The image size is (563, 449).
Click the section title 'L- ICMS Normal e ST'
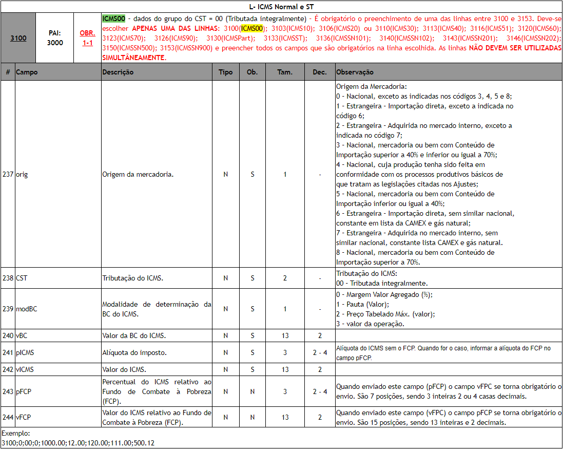pos(281,6)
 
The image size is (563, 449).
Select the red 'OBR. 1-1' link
pos(87,38)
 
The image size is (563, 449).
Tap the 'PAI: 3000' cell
pos(55,38)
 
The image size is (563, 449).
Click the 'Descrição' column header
pos(118,72)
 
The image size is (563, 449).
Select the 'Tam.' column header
pos(285,72)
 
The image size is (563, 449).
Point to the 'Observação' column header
pos(355,72)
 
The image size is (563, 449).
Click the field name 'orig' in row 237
pos(22,174)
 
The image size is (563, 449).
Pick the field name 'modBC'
pos(26,309)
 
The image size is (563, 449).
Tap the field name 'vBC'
pos(22,335)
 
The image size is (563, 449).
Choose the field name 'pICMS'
pos(25,352)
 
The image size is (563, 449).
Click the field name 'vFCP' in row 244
pos(24,417)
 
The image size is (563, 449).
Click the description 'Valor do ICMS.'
pos(124,369)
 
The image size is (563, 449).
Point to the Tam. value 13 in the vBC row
pos(285,335)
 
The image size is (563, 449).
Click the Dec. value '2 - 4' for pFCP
pos(320,391)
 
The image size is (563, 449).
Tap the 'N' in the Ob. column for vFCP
pos(252,417)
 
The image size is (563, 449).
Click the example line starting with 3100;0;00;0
pos(78,443)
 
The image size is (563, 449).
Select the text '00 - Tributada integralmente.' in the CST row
pos(382,283)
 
